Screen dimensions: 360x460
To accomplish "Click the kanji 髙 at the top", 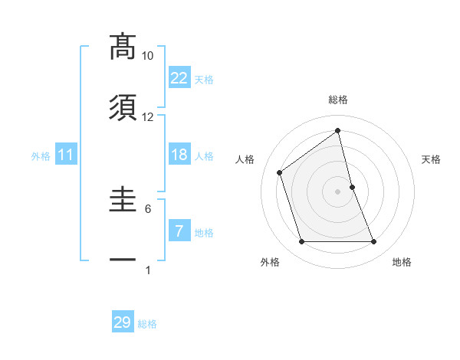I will pyautogui.click(x=123, y=47).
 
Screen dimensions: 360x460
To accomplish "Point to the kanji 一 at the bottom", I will pyautogui.click(x=123, y=260).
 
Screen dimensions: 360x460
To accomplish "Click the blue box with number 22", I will pyautogui.click(x=179, y=78).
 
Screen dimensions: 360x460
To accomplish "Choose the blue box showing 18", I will pyautogui.click(x=179, y=155).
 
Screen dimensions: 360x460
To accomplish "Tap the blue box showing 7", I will pyautogui.click(x=179, y=231).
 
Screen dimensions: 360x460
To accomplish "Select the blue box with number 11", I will pyautogui.click(x=66, y=155).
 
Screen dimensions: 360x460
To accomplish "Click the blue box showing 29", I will pyautogui.click(x=123, y=322).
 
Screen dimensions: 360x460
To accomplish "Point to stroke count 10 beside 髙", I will pyautogui.click(x=148, y=56).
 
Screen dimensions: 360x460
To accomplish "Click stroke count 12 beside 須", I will pyautogui.click(x=148, y=117).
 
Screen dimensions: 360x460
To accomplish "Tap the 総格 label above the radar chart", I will pyautogui.click(x=338, y=100).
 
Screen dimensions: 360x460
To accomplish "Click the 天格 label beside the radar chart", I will pyautogui.click(x=432, y=159).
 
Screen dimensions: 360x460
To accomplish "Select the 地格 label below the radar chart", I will pyautogui.click(x=402, y=262).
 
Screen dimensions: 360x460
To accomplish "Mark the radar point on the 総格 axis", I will pyautogui.click(x=338, y=131).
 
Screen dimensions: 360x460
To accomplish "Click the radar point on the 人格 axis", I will pyautogui.click(x=280, y=172).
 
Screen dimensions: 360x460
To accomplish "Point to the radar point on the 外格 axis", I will pyautogui.click(x=301, y=242).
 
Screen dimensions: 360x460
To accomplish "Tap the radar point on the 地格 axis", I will pyautogui.click(x=374, y=242).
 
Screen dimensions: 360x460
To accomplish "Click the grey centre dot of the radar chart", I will pyautogui.click(x=338, y=191).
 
